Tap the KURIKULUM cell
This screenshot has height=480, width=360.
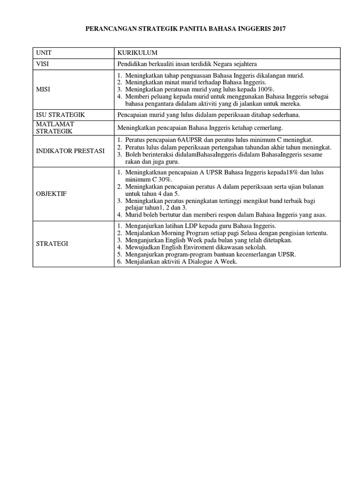point(137,53)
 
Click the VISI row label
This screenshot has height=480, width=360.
point(42,64)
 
